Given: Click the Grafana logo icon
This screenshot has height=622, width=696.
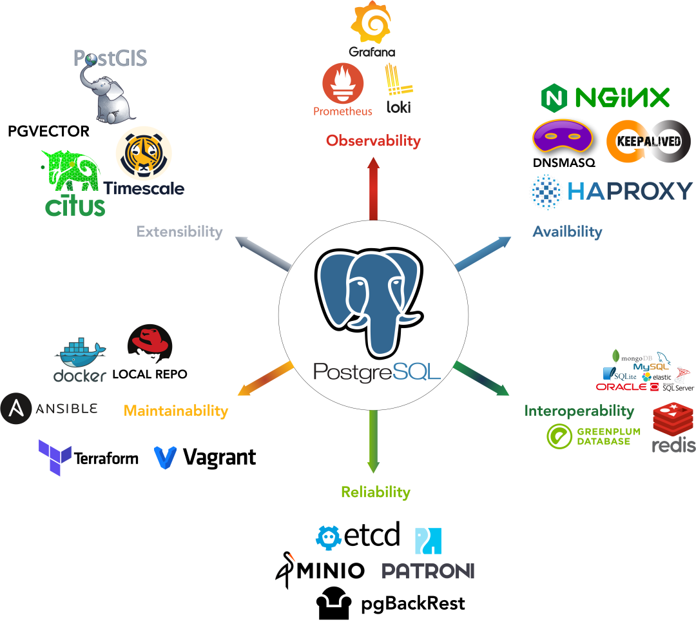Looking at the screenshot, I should pyautogui.click(x=371, y=23).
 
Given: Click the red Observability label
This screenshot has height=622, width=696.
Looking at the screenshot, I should pyautogui.click(x=373, y=141).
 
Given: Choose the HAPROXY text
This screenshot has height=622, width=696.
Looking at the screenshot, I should pyautogui.click(x=630, y=191).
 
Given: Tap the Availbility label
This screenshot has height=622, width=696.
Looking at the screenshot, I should pyautogui.click(x=567, y=232).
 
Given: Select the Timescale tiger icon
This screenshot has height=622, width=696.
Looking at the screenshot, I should pyautogui.click(x=144, y=155).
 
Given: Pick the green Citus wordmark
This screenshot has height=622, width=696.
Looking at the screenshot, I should pyautogui.click(x=75, y=206).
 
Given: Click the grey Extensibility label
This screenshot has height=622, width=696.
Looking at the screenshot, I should pyautogui.click(x=179, y=232).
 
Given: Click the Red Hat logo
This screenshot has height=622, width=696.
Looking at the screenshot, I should pyautogui.click(x=150, y=347).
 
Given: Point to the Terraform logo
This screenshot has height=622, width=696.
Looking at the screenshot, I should pyautogui.click(x=88, y=458).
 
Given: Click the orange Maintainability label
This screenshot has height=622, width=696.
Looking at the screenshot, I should pyautogui.click(x=176, y=411).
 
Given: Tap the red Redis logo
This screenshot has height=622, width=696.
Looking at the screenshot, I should pyautogui.click(x=673, y=426).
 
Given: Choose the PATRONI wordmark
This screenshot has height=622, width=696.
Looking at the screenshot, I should pyautogui.click(x=428, y=570).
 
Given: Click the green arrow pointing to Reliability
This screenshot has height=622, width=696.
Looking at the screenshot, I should pyautogui.click(x=373, y=445).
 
